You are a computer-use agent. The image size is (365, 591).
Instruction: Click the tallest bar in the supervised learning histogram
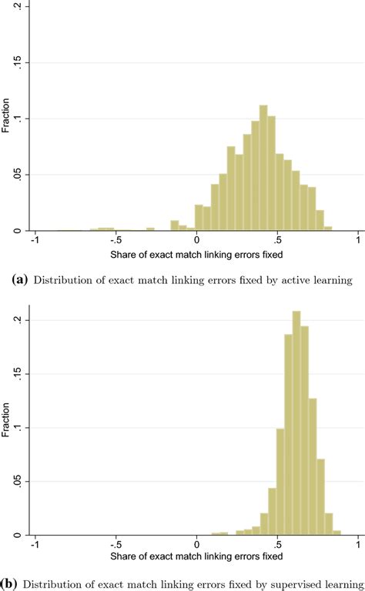pyautogui.click(x=296, y=423)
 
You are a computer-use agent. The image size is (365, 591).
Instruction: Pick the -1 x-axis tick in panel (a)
pyautogui.click(x=33, y=241)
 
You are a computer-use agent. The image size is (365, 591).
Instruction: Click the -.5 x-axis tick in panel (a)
pyautogui.click(x=115, y=241)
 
